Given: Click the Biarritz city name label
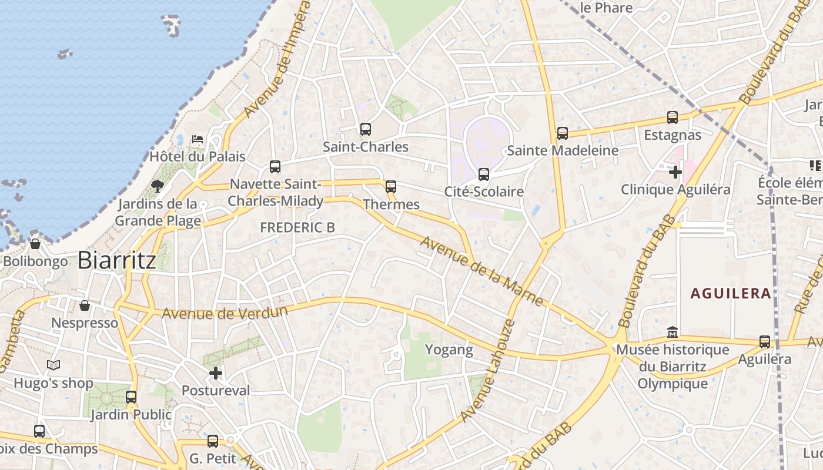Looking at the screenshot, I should click(117, 260).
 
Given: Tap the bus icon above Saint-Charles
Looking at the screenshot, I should click(366, 129).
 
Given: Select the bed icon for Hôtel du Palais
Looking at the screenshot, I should click(198, 139).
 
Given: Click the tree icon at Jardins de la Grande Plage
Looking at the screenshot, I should click(157, 186).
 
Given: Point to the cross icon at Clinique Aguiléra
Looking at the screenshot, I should click(675, 172).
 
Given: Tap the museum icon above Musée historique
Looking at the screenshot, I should click(673, 333).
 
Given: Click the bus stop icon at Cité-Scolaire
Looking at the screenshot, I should click(484, 174).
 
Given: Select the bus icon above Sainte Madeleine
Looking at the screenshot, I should click(563, 133).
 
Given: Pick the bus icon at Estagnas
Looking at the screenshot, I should click(673, 117).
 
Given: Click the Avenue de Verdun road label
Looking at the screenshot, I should click(225, 312).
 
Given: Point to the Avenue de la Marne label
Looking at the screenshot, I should click(481, 271).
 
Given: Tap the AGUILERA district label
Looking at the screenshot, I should click(731, 293).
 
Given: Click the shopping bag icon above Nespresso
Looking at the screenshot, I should click(85, 305).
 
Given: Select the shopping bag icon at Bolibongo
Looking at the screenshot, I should click(35, 243).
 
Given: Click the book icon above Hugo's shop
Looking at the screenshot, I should click(53, 365).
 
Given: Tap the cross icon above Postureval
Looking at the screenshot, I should click(216, 372).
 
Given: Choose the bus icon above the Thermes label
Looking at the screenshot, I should click(391, 187).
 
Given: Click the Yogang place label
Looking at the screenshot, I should click(449, 350).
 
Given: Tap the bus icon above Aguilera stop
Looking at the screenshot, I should click(765, 341).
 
